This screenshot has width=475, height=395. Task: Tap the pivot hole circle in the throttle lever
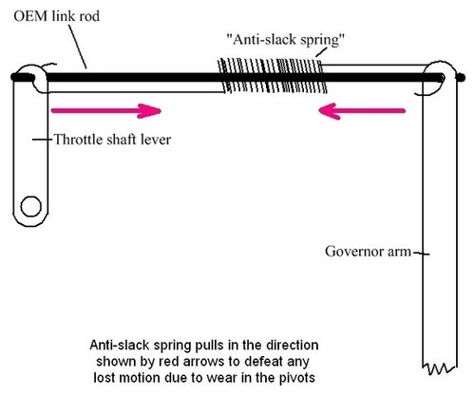[x=30, y=204]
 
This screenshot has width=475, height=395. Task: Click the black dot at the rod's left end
[x=15, y=75]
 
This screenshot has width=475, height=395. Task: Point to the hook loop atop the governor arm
[x=437, y=78]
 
